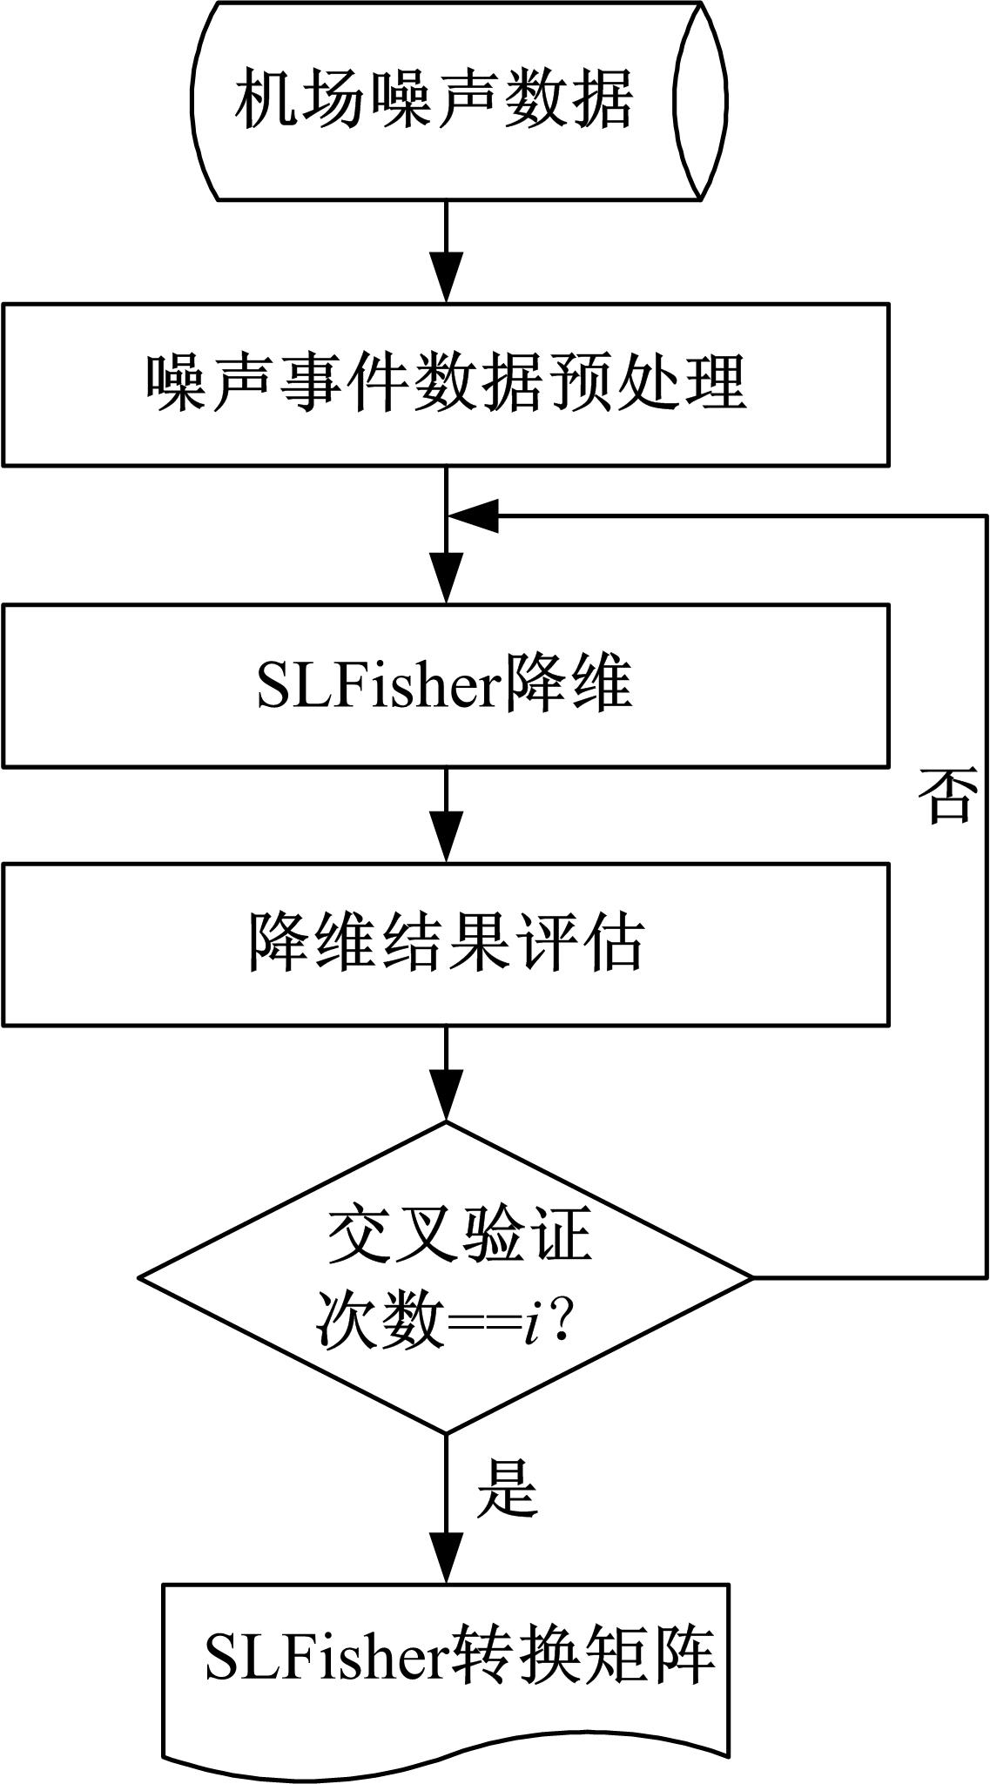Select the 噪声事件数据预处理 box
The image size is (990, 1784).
pos(446,384)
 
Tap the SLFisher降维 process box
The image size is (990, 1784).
pos(446,685)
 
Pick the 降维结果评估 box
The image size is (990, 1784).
pos(446,943)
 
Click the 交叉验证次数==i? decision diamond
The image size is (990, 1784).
pos(446,1277)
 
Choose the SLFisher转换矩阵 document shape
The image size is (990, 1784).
pos(446,1670)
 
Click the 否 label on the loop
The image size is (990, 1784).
pos(947,796)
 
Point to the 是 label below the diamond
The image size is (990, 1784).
pos(507,1487)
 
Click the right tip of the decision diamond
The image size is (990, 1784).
pos(751,1277)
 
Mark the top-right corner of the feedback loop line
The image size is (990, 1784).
pos(987,516)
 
